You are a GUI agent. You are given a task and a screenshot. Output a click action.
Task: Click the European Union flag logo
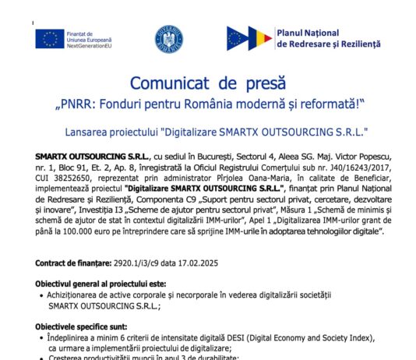click(x=49, y=39)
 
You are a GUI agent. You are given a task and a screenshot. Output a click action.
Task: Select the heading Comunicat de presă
click(x=207, y=82)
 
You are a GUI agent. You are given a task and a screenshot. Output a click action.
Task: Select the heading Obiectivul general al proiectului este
click(x=97, y=285)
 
